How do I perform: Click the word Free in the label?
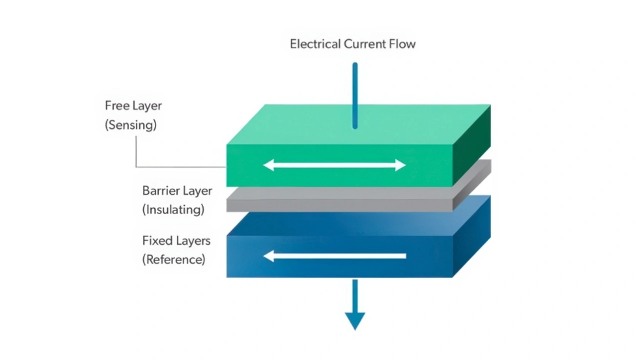tap(117, 106)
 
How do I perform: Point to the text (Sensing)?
tap(131, 125)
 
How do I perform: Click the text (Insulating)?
tap(173, 210)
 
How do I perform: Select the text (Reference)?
tap(174, 260)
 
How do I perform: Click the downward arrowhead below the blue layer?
tap(355, 320)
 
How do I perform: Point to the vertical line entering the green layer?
tap(355, 95)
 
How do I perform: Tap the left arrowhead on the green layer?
tap(269, 165)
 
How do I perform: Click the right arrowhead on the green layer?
tap(400, 165)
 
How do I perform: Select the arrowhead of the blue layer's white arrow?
tap(269, 257)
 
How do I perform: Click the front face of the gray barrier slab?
tap(339, 204)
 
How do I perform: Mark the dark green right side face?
tap(471, 145)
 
